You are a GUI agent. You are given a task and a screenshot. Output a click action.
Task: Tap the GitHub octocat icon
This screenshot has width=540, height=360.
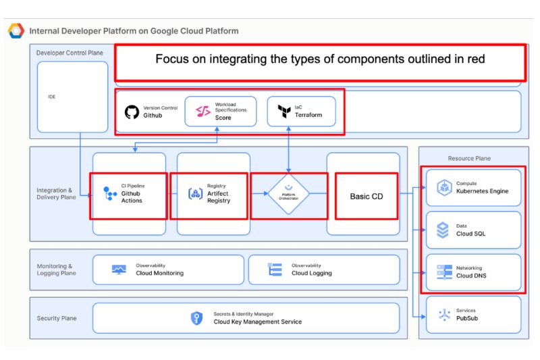[x=132, y=111]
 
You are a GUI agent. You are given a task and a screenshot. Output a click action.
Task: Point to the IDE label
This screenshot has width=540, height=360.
[x=51, y=97]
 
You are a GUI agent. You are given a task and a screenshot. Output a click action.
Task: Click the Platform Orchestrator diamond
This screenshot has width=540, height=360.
[x=289, y=195]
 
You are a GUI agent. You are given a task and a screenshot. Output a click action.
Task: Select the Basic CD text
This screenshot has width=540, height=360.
[x=366, y=197]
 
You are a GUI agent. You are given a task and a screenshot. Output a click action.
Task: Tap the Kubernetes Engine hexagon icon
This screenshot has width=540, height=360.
[x=443, y=188]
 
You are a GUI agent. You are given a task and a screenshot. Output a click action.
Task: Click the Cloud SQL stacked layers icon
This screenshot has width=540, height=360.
[x=443, y=230]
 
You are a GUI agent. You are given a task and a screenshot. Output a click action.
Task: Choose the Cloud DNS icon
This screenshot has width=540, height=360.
[x=444, y=272]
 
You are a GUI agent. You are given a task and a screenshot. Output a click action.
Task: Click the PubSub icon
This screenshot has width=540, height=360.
[x=444, y=315]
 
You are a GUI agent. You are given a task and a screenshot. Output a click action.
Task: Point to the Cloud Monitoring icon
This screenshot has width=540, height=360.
[x=119, y=269]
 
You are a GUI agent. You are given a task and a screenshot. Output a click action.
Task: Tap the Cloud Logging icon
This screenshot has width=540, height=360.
[x=275, y=269]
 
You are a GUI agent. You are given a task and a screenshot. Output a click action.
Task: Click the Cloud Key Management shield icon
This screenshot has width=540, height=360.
[x=196, y=318]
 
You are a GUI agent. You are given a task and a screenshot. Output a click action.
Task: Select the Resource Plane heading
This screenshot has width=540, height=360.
[x=469, y=158]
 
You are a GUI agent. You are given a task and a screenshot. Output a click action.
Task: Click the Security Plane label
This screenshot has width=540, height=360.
[x=57, y=318]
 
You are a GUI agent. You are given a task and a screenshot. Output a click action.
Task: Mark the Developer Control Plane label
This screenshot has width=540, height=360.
[x=70, y=53]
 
